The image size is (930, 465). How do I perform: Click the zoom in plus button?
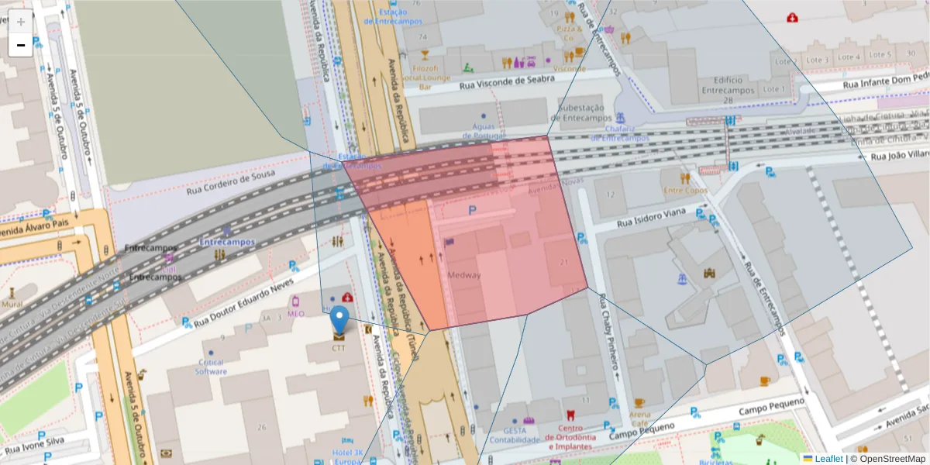click(x=21, y=22)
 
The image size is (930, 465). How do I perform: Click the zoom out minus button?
click(x=21, y=45)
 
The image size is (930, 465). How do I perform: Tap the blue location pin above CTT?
click(x=339, y=320)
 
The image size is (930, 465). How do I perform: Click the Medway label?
click(x=464, y=275)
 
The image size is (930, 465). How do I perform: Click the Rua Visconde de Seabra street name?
click(x=508, y=80)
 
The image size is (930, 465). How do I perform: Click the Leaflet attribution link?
click(x=828, y=458)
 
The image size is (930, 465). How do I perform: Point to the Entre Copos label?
click(x=685, y=190)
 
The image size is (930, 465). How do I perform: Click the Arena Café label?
click(x=639, y=418)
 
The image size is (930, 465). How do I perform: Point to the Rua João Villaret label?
click(x=899, y=156)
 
